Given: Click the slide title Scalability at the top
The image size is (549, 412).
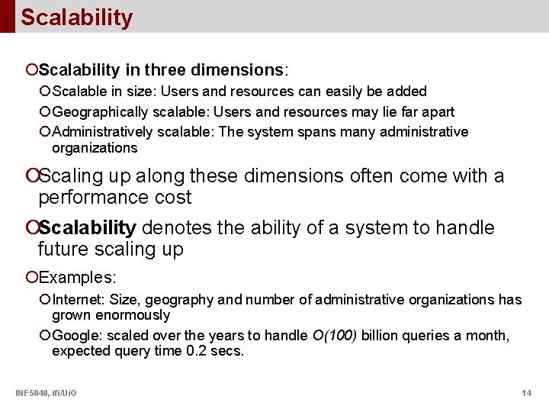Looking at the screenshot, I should pos(76,18).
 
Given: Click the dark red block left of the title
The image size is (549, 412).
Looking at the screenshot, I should pos(7,16).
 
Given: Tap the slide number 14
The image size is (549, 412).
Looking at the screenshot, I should pos(526,393).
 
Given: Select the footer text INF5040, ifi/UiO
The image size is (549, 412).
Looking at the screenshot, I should pos(45,393).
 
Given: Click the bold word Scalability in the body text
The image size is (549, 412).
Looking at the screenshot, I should pos(87,227).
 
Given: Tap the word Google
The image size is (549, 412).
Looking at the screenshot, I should pos(75,336).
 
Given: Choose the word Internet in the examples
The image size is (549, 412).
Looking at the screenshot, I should pos(75,300).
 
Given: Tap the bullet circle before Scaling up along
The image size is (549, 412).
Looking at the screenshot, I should pos(31,176).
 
